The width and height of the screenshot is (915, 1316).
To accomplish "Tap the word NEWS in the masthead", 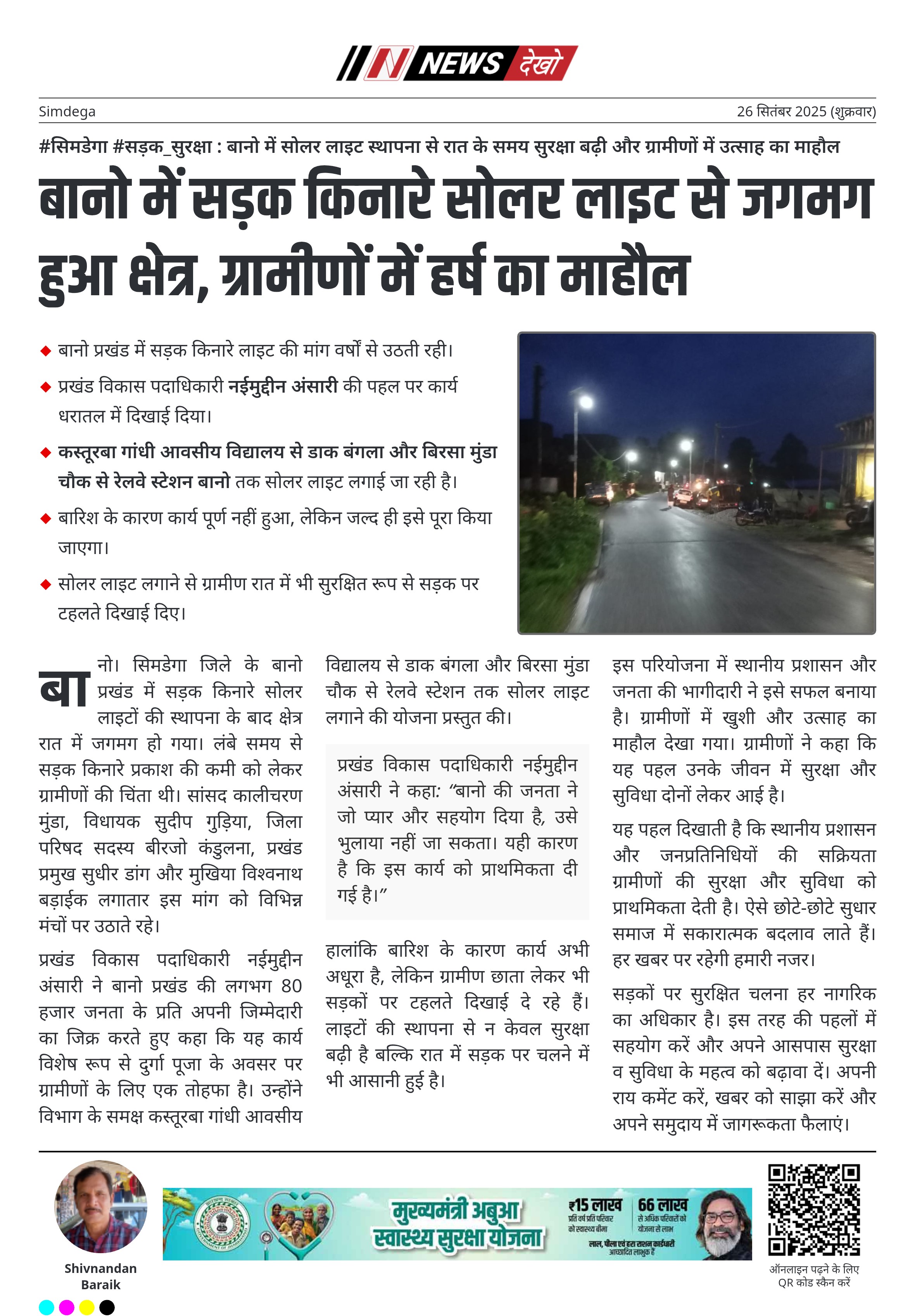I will (x=461, y=63).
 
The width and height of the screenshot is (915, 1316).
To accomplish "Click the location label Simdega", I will (x=67, y=111).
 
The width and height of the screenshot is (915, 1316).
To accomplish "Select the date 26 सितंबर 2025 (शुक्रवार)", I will (x=806, y=111).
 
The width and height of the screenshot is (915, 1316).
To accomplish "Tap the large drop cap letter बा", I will (x=65, y=688).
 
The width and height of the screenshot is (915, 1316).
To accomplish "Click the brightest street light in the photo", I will (x=585, y=402).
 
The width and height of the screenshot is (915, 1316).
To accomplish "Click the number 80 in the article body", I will (x=291, y=986).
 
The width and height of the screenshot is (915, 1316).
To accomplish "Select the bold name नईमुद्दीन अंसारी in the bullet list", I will (x=283, y=386).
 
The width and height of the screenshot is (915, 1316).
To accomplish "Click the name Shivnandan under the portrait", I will (x=101, y=1268).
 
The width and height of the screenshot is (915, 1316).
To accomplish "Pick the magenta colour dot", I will (x=66, y=1307).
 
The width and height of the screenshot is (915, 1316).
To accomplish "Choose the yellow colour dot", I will (x=86, y=1307).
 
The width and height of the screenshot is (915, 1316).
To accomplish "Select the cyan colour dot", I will (x=47, y=1307).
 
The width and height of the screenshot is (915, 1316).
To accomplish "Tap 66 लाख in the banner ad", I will (x=662, y=1206).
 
